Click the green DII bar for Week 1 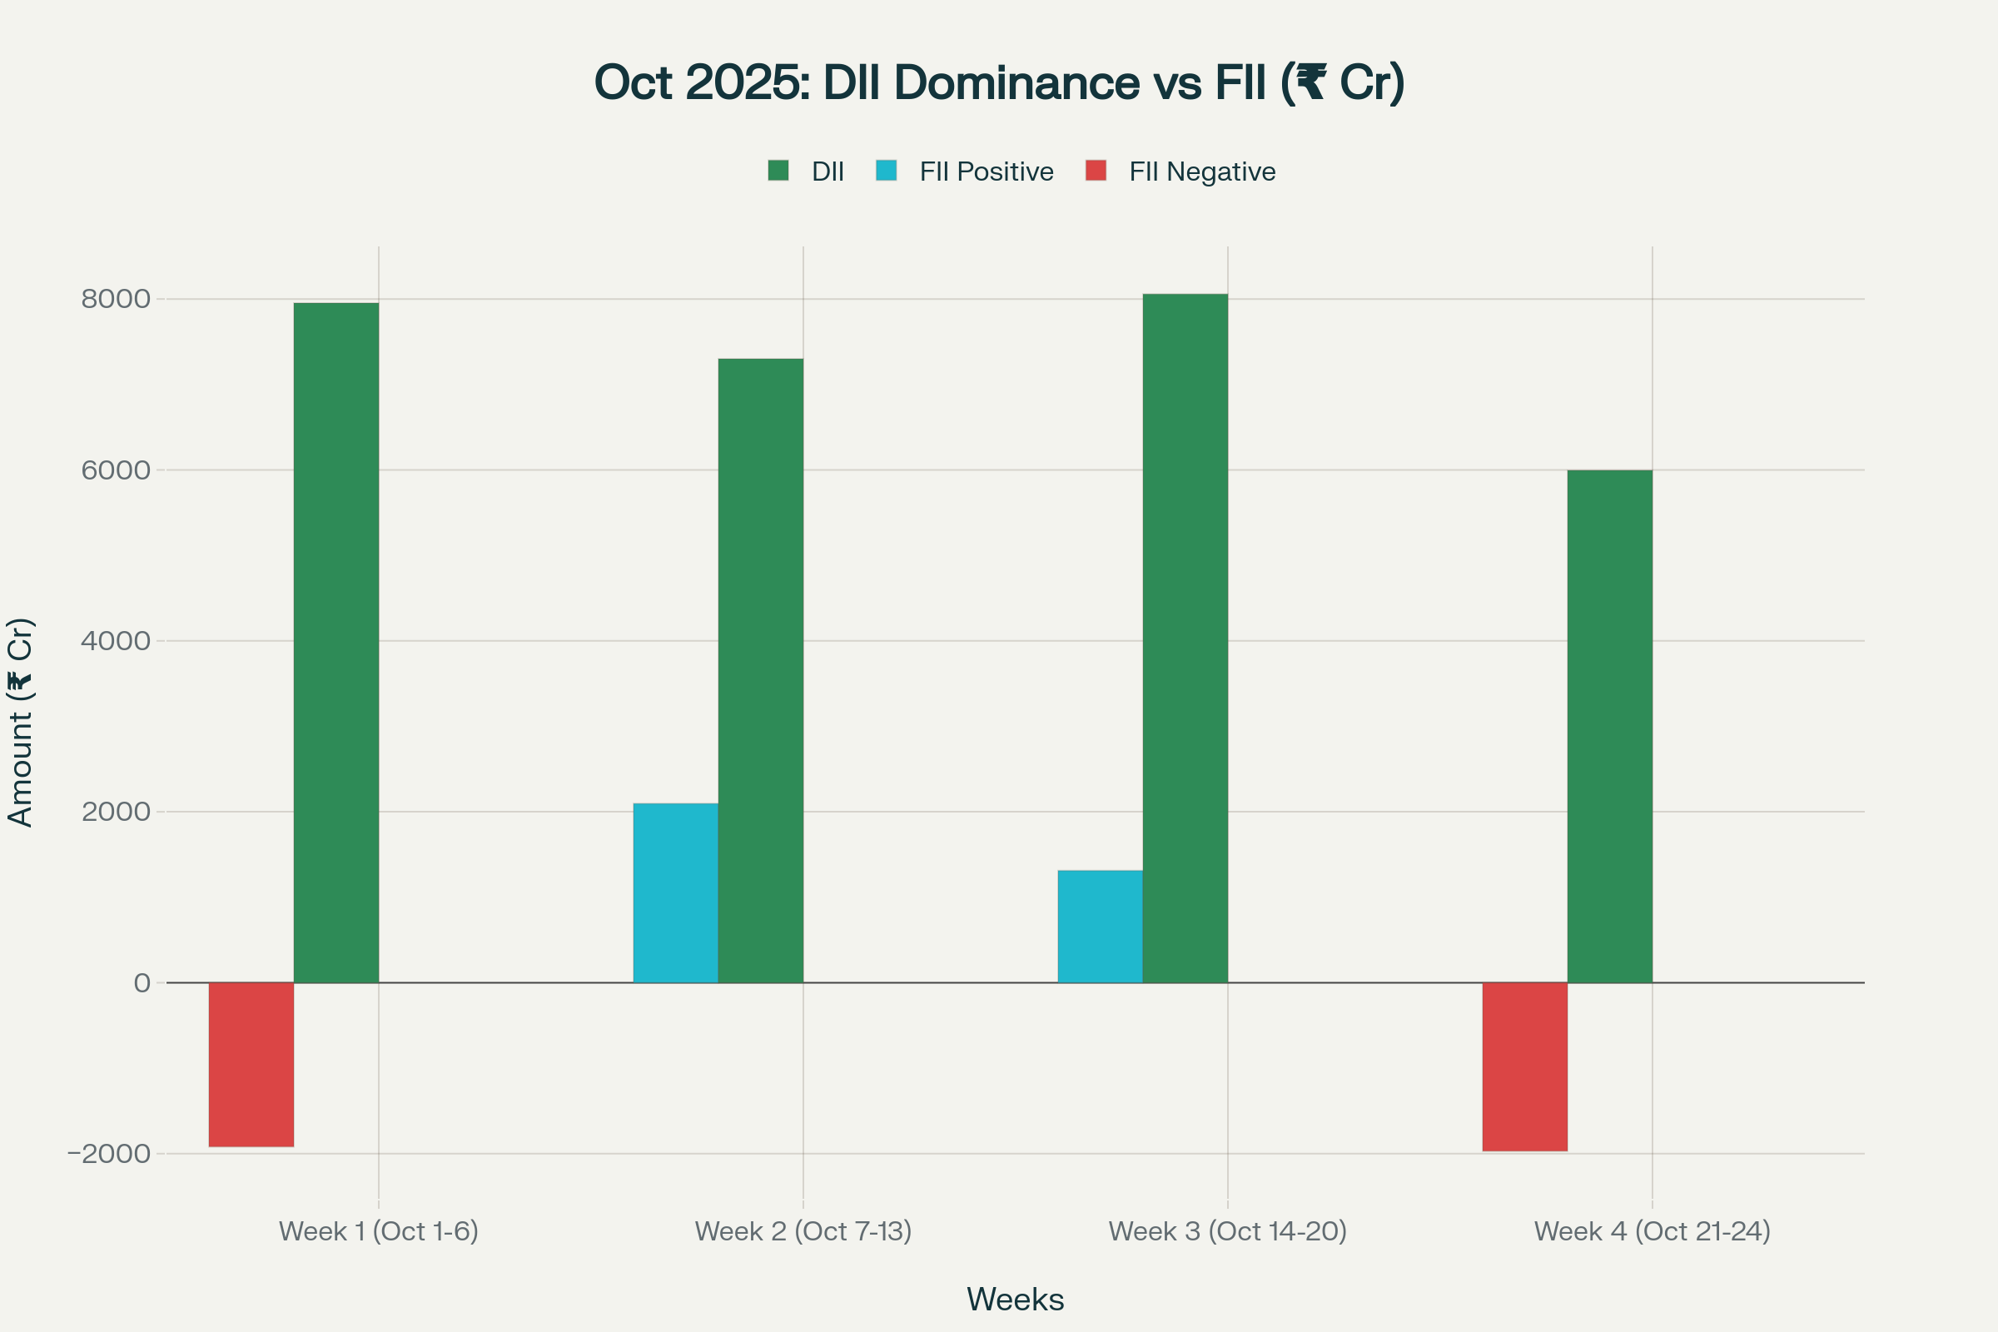(x=335, y=643)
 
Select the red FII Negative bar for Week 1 (x=251, y=1065)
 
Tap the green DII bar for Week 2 (x=760, y=671)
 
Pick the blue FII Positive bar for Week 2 (x=675, y=892)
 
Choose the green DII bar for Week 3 (x=1185, y=638)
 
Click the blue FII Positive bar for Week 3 (x=1100, y=927)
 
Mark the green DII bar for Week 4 (x=1610, y=726)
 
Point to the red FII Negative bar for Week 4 (x=1525, y=1067)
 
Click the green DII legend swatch (x=778, y=171)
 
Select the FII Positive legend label (x=987, y=171)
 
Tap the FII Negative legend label (x=1202, y=171)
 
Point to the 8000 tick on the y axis (x=117, y=299)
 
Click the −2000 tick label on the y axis (x=109, y=1154)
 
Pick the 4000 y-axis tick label (x=117, y=640)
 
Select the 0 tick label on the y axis (x=142, y=983)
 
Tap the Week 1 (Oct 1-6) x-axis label (x=379, y=1231)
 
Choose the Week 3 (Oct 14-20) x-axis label (x=1227, y=1231)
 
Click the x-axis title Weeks (x=1015, y=1300)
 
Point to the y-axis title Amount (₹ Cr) (x=20, y=722)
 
